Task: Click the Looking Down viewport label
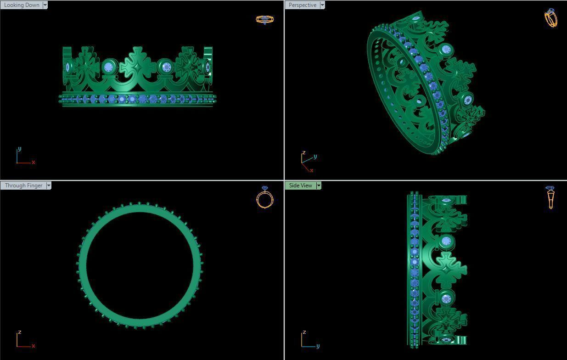pos(22,5)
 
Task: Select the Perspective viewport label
pos(302,5)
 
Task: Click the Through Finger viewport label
pos(23,186)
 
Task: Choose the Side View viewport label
pos(300,186)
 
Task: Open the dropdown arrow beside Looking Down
pos(45,5)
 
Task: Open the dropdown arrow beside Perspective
pos(322,5)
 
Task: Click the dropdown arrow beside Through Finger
pos(49,186)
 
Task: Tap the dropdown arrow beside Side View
pos(319,186)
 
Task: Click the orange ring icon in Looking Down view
pos(264,19)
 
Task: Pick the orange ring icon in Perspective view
pos(550,18)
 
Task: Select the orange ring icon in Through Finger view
pos(265,197)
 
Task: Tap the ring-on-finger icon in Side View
pos(550,197)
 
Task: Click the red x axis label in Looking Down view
pos(34,162)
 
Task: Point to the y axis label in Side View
pos(318,346)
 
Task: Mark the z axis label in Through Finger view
pos(19,332)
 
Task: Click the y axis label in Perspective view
pos(315,157)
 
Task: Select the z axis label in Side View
pos(304,332)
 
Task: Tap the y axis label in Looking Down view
pos(19,149)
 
